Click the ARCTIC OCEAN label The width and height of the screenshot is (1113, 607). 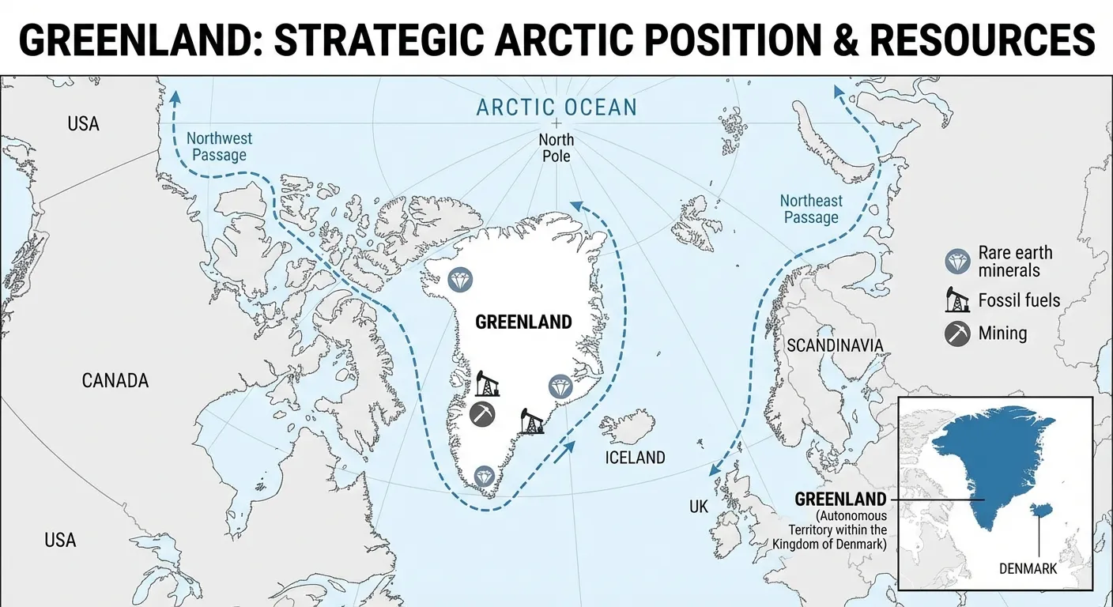(556, 107)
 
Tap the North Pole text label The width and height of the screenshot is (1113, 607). (556, 148)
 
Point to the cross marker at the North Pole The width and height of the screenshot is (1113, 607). (556, 123)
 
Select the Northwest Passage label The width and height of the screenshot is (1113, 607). (219, 146)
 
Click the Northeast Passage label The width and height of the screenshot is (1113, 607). (811, 209)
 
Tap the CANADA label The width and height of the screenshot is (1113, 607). (115, 381)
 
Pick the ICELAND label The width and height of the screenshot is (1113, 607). (635, 458)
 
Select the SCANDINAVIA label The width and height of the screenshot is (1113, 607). (834, 345)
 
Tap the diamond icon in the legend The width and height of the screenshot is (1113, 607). (957, 262)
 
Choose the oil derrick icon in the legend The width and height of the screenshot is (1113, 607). (957, 300)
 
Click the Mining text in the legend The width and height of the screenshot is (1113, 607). (1002, 334)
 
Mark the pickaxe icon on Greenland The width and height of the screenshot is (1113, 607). (482, 413)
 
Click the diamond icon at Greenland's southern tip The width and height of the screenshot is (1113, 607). (485, 476)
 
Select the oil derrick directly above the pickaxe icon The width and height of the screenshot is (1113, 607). (487, 383)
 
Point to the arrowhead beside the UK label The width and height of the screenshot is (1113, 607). (714, 470)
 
